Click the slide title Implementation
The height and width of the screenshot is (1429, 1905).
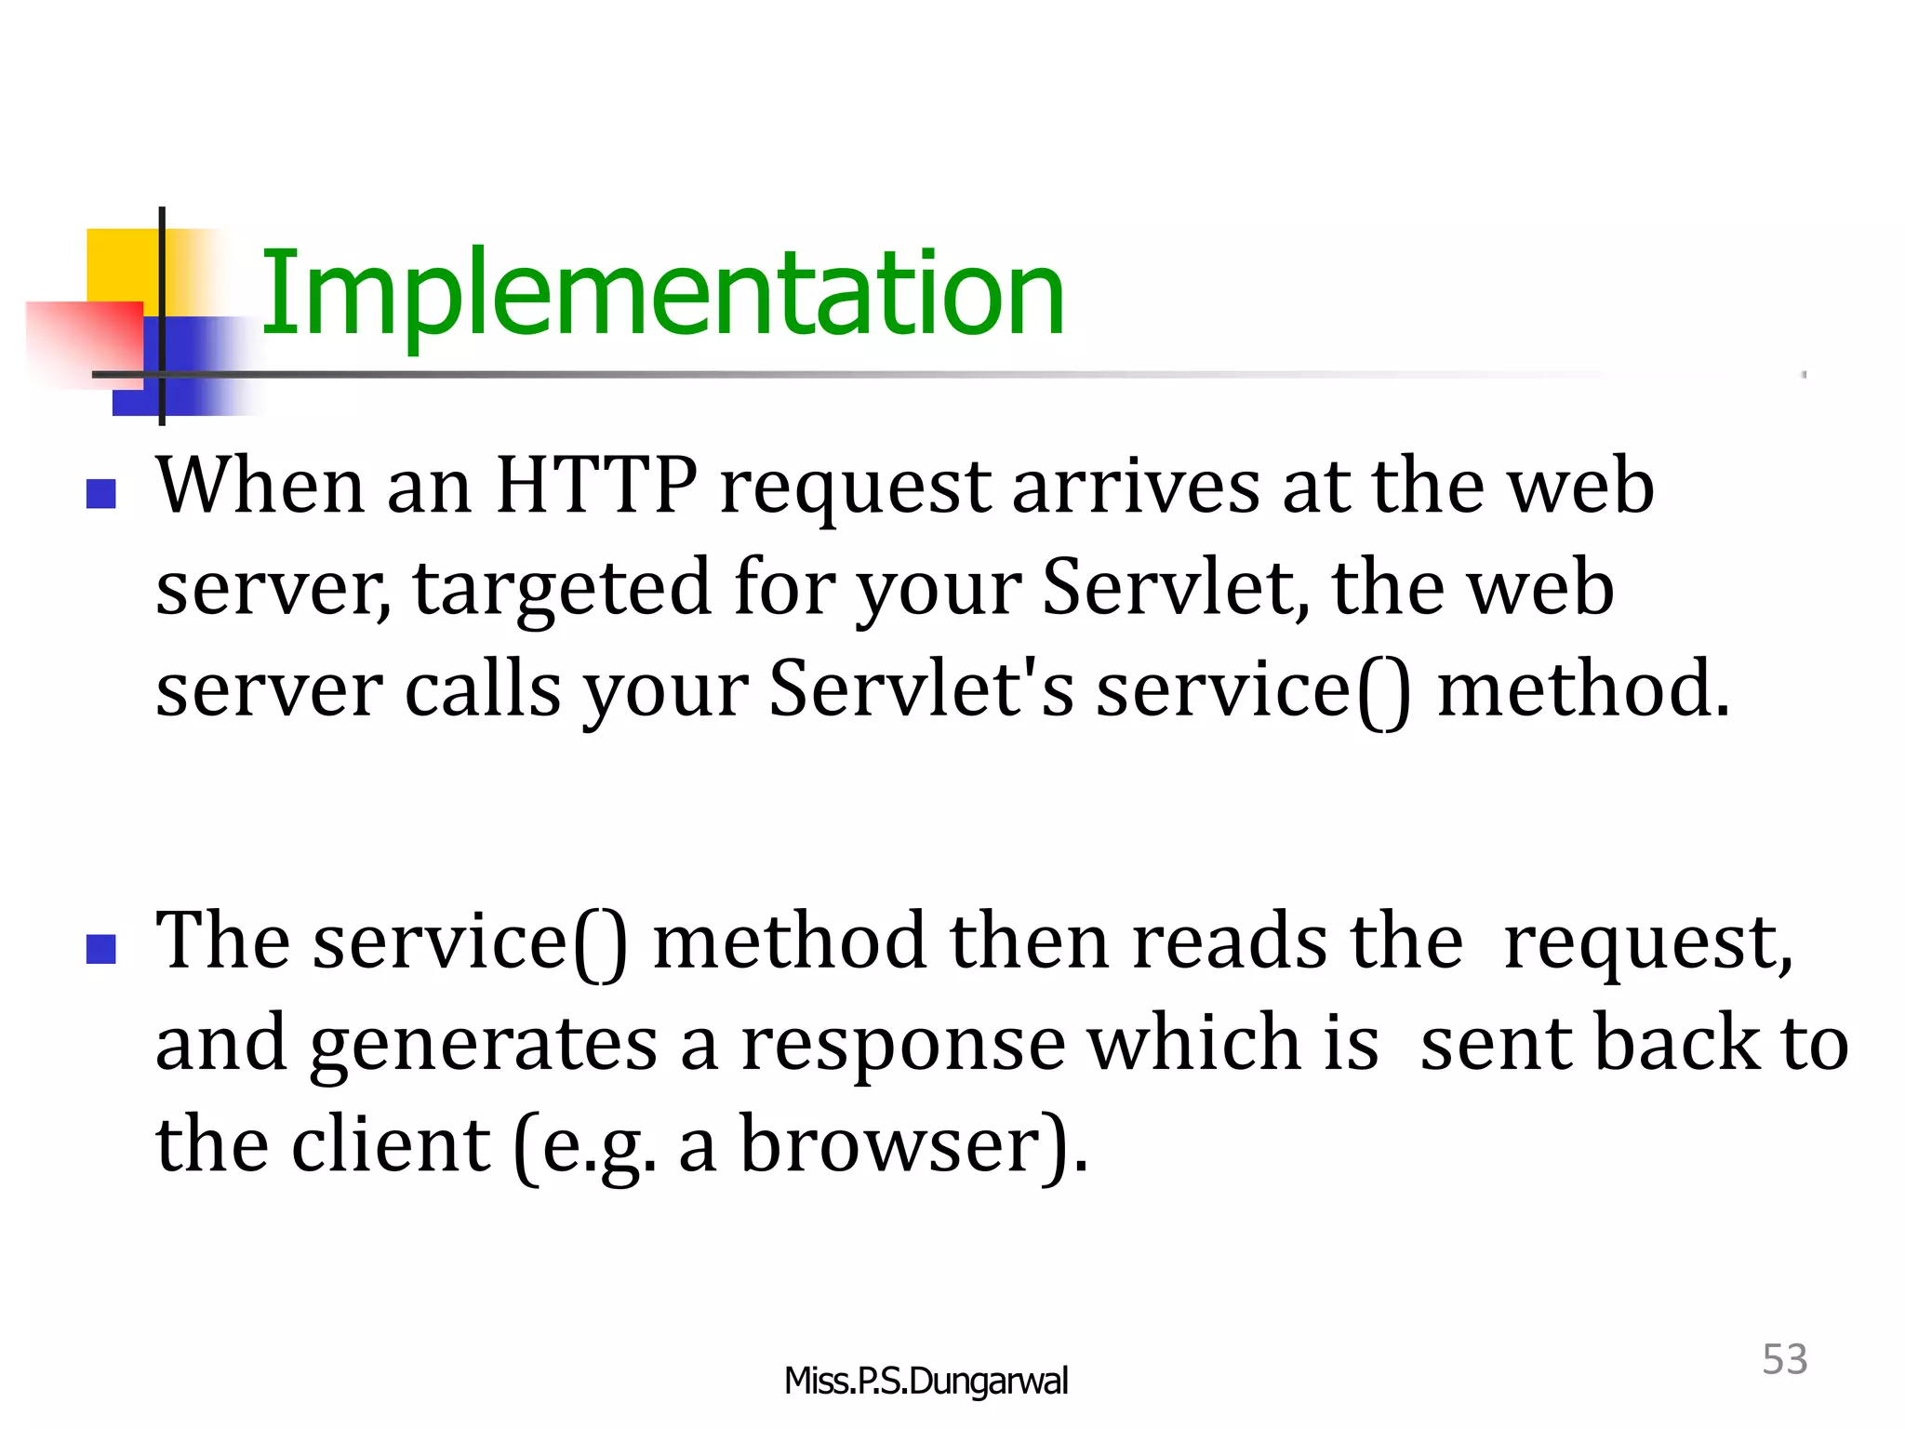[662, 294]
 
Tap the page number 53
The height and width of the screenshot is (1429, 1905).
[1784, 1359]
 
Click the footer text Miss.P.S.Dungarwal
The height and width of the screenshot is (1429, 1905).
[926, 1381]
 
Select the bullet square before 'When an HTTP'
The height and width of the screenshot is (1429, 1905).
[100, 493]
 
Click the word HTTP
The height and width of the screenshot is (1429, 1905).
[595, 486]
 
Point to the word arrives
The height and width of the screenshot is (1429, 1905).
[1136, 486]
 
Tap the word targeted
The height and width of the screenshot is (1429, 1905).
[561, 587]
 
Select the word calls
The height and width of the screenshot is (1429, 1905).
[483, 688]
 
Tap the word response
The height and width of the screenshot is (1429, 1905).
[902, 1042]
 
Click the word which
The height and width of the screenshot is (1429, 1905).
[1192, 1042]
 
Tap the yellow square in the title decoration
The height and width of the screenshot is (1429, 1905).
[121, 265]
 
